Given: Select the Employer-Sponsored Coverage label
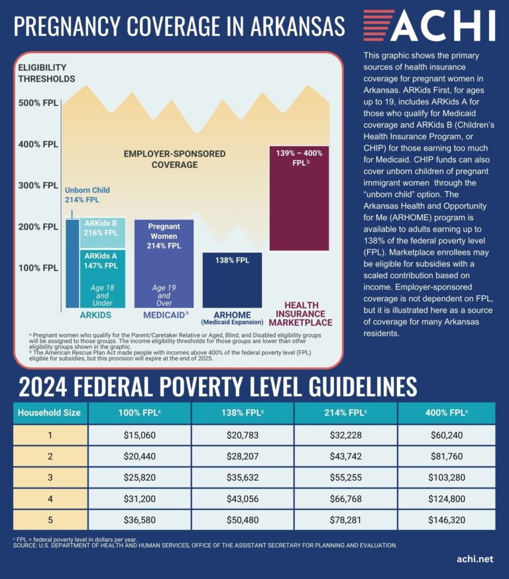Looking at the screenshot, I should pos(174,159).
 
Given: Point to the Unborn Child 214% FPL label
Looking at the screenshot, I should pos(87,195).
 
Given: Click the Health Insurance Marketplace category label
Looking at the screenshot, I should pos(301,314).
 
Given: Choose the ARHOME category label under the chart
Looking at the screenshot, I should pos(232,317).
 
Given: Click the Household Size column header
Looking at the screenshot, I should pos(49,413).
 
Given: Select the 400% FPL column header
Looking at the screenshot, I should pos(447,413).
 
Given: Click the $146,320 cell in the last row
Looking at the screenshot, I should pos(447,519).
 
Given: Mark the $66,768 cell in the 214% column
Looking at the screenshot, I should pos(346,498).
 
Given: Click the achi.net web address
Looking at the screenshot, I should pos(475,559).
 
